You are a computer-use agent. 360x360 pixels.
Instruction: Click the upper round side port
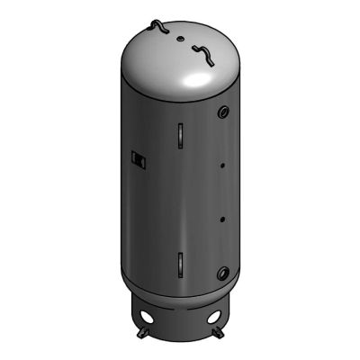click(x=220, y=115)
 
